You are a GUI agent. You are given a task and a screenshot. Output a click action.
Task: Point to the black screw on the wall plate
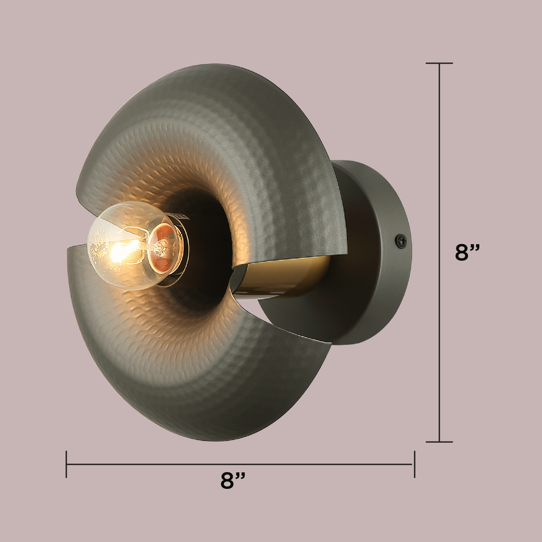[401, 240]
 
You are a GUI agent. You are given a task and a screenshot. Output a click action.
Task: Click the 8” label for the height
[467, 252]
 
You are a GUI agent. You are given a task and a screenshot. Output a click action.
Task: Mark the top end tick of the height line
[439, 63]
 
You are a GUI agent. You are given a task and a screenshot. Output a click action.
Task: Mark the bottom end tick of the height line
[439, 442]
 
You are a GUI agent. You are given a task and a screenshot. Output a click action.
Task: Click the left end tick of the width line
[66, 464]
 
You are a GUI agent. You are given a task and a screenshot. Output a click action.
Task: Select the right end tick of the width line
[414, 464]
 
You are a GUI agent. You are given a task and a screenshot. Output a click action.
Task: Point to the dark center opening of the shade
[210, 240]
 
